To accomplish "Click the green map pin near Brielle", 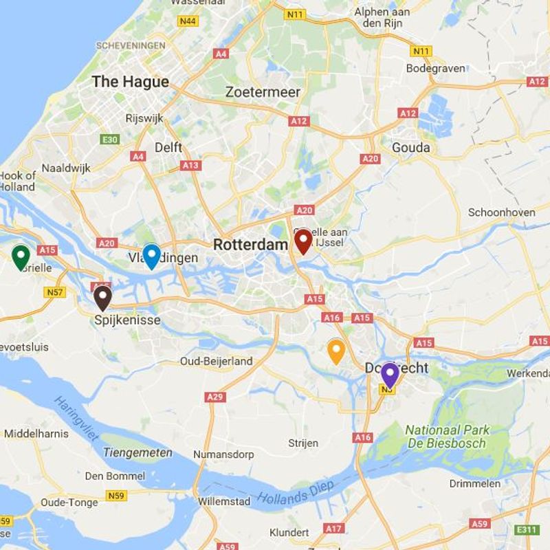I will [x=21, y=256].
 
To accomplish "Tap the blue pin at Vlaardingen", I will [x=151, y=255].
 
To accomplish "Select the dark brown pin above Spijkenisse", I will [x=102, y=296].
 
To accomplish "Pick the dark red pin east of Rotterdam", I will [x=302, y=241].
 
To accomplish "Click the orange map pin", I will [x=335, y=350].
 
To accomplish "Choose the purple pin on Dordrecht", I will [x=390, y=374].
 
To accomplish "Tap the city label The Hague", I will [x=130, y=81].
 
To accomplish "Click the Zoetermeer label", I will [x=263, y=92].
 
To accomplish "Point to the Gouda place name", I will [x=410, y=147].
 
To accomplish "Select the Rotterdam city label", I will [x=250, y=245].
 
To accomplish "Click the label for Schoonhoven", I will [x=501, y=212].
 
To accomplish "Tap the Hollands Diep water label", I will [x=296, y=491].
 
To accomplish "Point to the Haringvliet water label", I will [x=76, y=419].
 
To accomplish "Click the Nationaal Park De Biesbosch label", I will [x=447, y=437].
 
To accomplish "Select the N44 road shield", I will [x=188, y=21].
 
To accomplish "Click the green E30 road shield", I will [x=109, y=140].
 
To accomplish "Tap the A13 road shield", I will [x=190, y=166].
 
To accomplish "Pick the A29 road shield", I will [x=215, y=397].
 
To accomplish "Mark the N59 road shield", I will [x=118, y=495].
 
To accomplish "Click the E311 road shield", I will [x=527, y=529].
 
